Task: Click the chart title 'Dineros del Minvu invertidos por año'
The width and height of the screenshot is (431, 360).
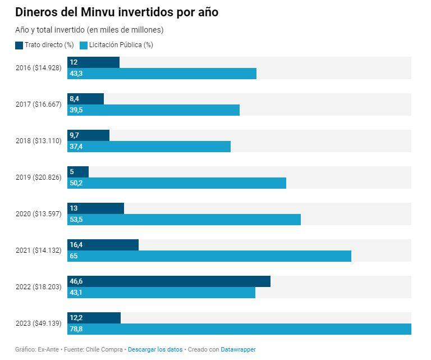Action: pyautogui.click(x=117, y=12)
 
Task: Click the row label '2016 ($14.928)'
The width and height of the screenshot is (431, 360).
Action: pyautogui.click(x=38, y=68)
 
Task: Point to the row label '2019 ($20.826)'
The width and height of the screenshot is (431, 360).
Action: pyautogui.click(x=38, y=177)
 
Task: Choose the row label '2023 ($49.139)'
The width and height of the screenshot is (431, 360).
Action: pyautogui.click(x=38, y=323)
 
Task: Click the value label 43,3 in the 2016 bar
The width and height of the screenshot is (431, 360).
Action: pyautogui.click(x=76, y=74)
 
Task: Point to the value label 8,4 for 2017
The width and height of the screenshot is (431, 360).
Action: pyautogui.click(x=74, y=99)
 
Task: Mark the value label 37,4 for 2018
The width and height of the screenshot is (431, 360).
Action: pyautogui.click(x=76, y=147)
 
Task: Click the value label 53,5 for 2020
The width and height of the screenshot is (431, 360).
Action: pyautogui.click(x=76, y=220)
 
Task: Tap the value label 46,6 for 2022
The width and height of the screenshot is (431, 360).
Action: pyautogui.click(x=76, y=281)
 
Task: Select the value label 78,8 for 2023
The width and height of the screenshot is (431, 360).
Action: pyautogui.click(x=76, y=329)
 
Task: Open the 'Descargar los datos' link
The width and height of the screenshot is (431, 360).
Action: pyautogui.click(x=155, y=349)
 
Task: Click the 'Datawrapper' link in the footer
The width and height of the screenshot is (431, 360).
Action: pyautogui.click(x=238, y=349)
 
